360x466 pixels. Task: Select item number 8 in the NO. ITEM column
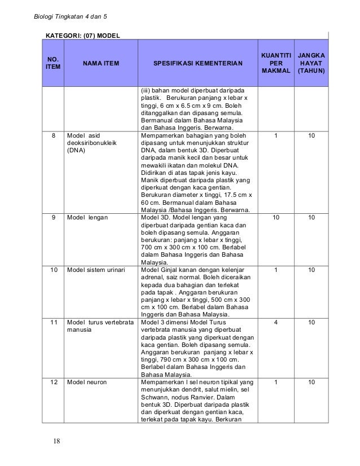point(54,136)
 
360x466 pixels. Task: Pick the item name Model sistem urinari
point(96,270)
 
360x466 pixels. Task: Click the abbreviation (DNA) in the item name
point(76,152)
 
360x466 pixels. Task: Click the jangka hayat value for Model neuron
point(310,382)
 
